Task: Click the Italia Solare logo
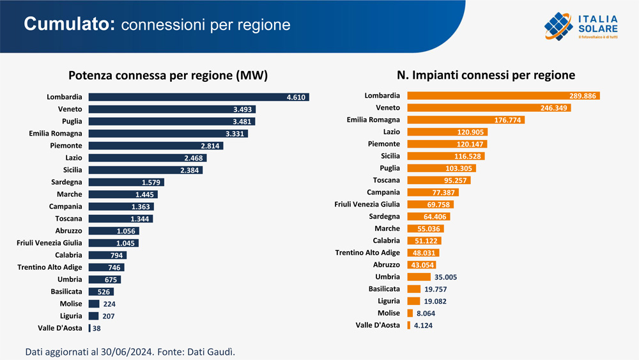tap(581, 26)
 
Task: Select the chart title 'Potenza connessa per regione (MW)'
tap(168, 75)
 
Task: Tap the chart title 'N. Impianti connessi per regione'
tap(486, 75)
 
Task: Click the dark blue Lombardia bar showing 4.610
tap(198, 97)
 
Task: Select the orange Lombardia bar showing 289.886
tap(503, 96)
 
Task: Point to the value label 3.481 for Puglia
tap(243, 121)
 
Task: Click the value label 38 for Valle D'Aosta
tap(96, 328)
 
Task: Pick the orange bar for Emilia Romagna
tap(465, 120)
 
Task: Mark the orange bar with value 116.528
tap(445, 156)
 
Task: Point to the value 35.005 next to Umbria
tap(445, 277)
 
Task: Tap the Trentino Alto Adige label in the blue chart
tap(50, 267)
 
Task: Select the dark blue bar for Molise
tap(94, 304)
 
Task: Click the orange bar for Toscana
tap(438, 180)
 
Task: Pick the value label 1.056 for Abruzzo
tap(128, 231)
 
